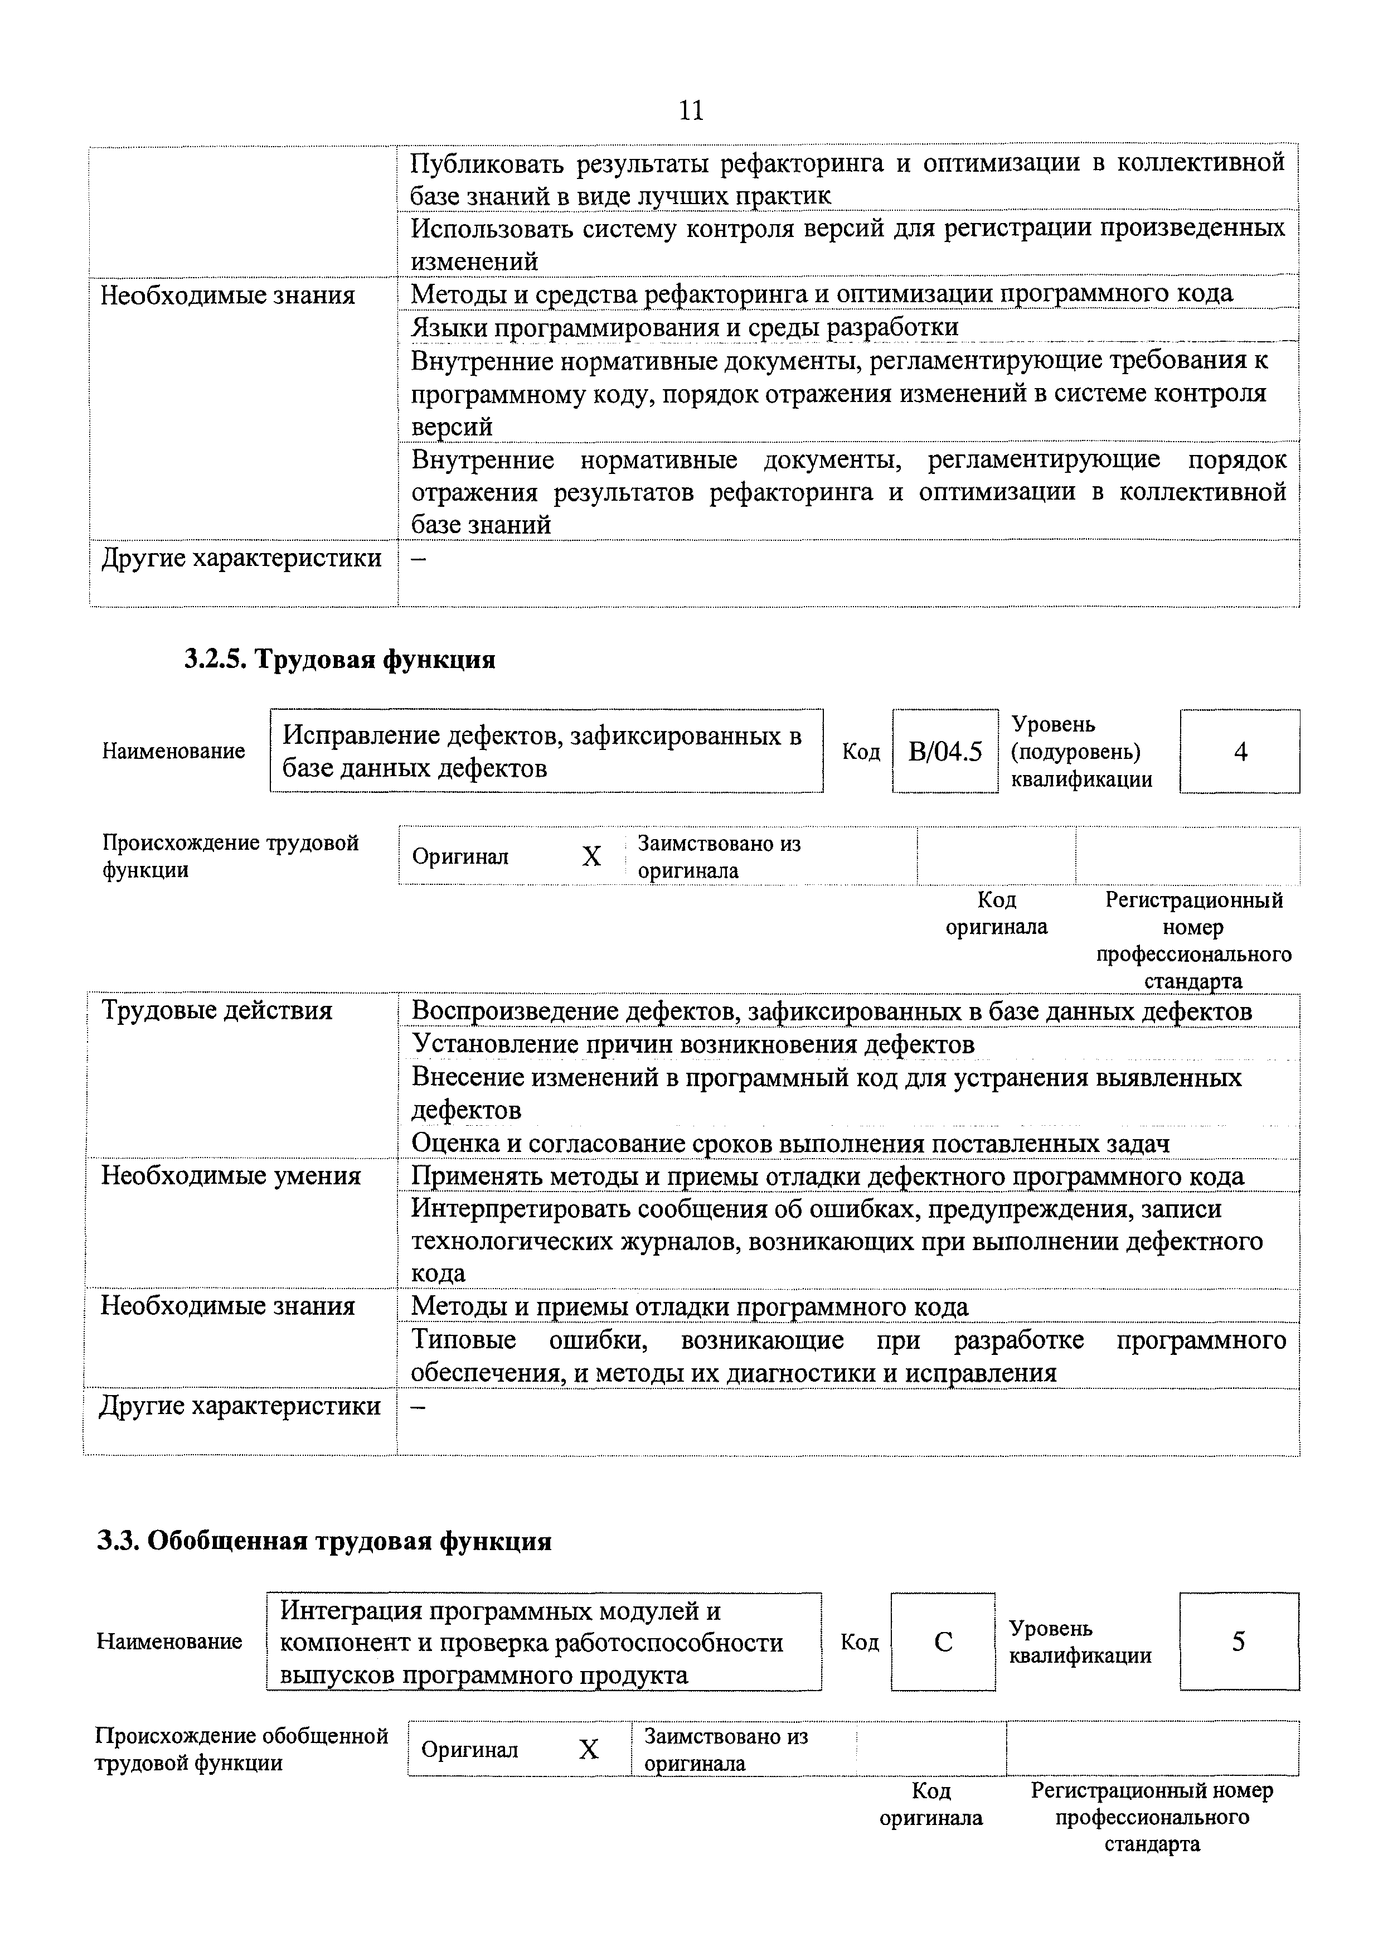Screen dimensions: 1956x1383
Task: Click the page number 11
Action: click(691, 111)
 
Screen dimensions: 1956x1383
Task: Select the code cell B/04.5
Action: click(944, 752)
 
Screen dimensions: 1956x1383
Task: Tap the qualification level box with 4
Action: click(1239, 752)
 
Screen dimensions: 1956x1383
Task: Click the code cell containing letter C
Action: click(943, 1642)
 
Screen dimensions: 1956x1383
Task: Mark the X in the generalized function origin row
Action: click(589, 1749)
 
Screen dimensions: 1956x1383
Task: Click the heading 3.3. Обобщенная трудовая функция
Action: click(324, 1541)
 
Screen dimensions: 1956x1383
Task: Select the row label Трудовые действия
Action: click(216, 1011)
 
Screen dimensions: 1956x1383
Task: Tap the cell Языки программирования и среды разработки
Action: click(685, 327)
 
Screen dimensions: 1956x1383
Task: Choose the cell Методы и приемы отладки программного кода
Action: click(690, 1307)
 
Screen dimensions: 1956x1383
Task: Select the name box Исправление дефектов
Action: click(545, 752)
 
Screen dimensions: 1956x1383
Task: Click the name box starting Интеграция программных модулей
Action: click(544, 1642)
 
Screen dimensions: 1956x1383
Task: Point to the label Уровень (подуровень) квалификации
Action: click(1081, 752)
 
